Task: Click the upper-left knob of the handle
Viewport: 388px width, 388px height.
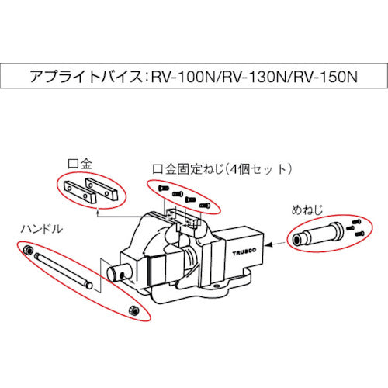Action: pos(27,250)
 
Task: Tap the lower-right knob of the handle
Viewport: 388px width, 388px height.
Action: pos(133,310)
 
